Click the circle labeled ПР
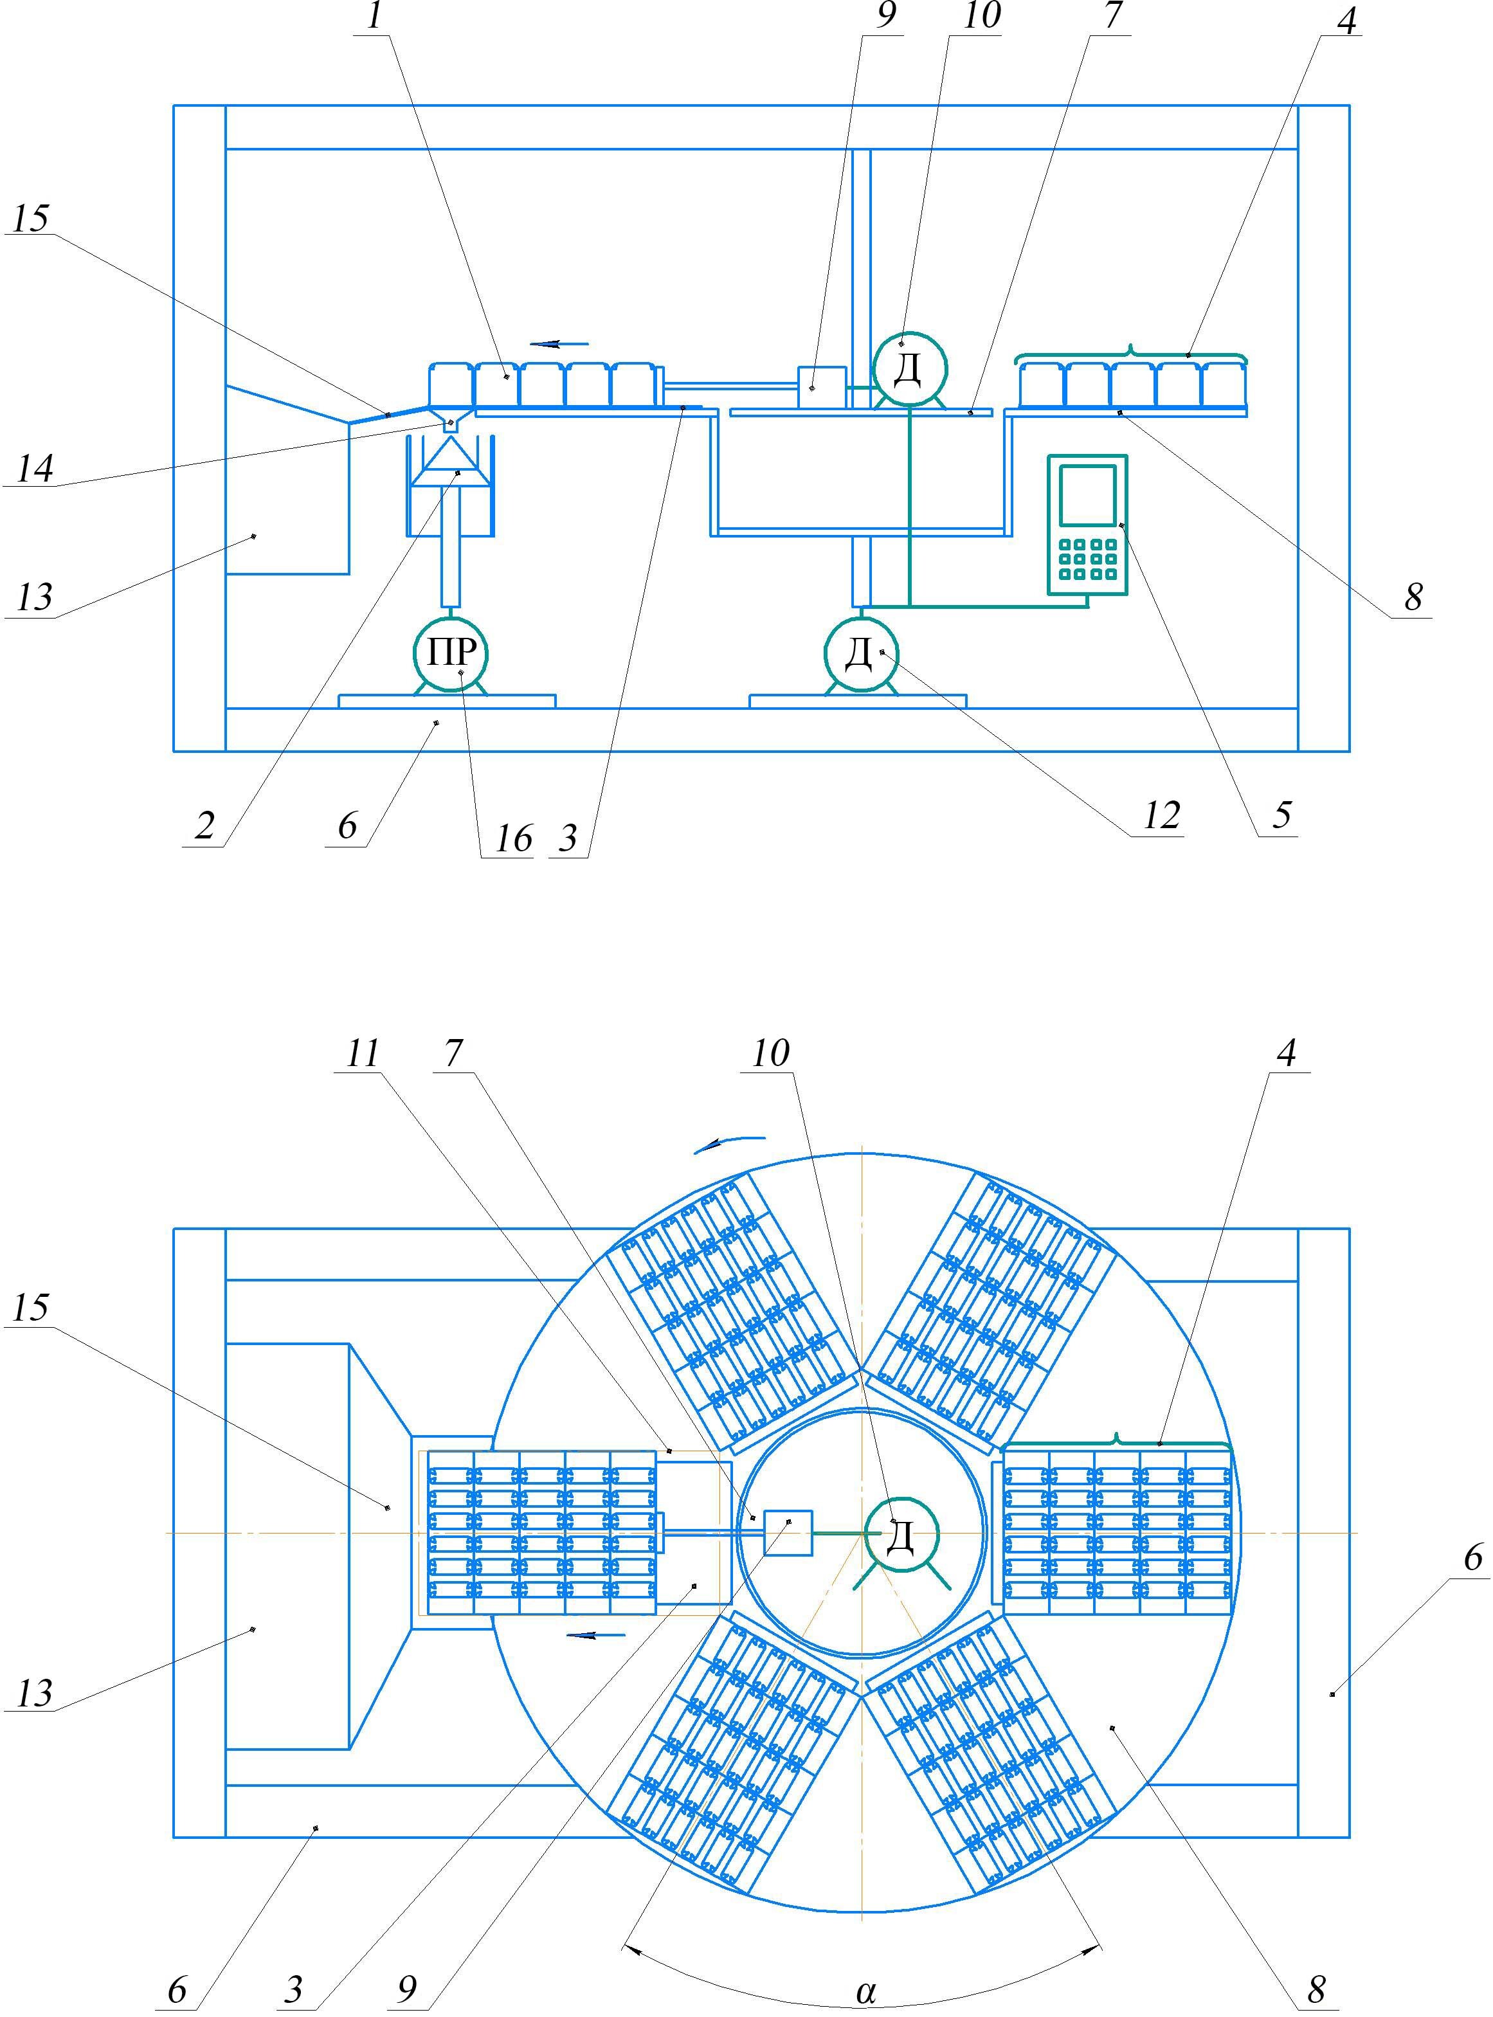click(450, 653)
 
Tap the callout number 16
click(513, 840)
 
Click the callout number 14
click(34, 468)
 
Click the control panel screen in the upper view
click(1087, 494)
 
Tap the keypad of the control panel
click(1087, 559)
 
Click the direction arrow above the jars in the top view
click(559, 343)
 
